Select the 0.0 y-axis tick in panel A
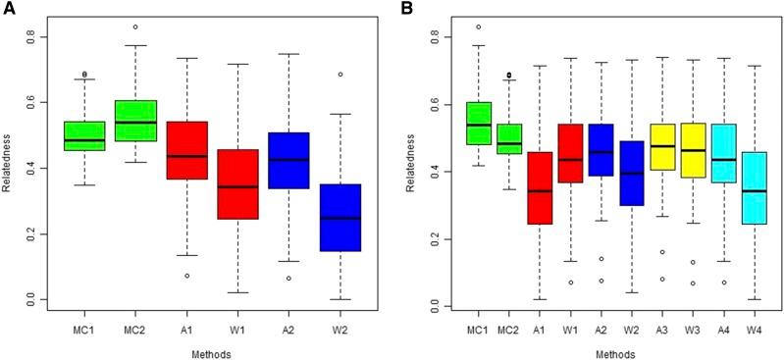coord(35,300)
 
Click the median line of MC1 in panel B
coord(478,126)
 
